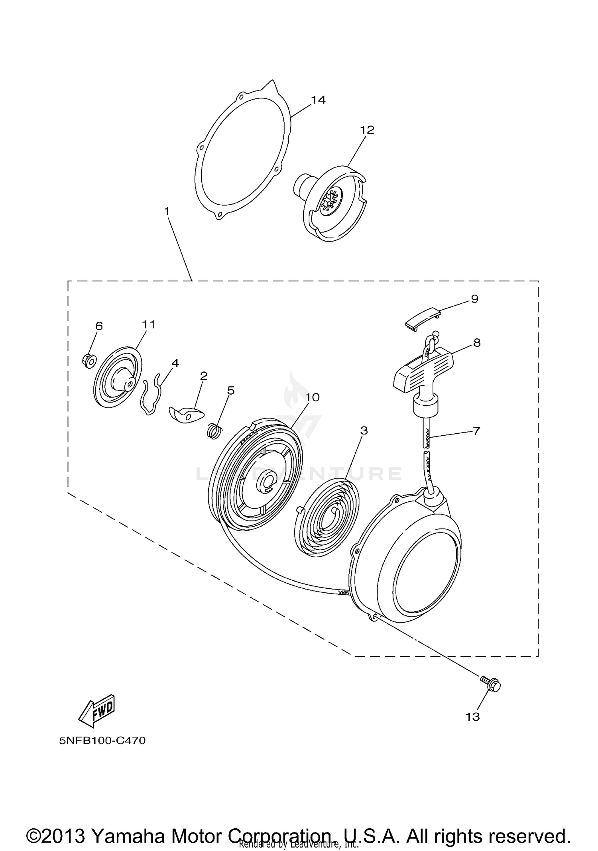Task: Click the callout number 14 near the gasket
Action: tap(318, 100)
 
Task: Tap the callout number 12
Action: tap(367, 130)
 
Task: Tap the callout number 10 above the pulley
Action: tap(313, 397)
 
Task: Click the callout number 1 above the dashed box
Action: tap(167, 211)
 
